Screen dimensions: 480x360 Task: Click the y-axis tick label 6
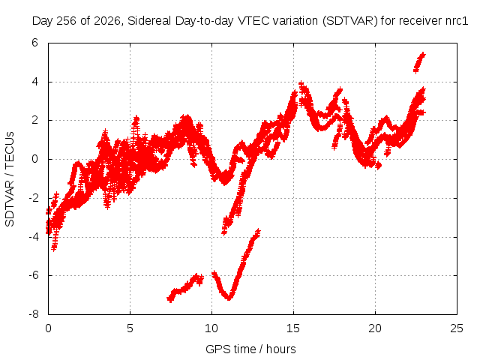[34, 43]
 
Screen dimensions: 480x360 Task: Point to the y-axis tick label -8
[34, 314]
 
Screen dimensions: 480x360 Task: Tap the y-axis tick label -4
[34, 237]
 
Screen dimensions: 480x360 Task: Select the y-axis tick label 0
[34, 159]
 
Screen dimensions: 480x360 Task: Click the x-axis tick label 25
[457, 328]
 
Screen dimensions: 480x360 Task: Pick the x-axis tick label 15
[293, 328]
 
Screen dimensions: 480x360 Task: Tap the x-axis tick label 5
[130, 328]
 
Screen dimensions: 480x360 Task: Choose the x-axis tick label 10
[211, 328]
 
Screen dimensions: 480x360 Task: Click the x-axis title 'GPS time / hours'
[250, 349]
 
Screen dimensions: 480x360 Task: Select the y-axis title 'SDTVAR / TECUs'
[10, 179]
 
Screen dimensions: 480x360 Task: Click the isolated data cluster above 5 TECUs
[419, 62]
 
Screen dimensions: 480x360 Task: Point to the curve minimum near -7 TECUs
[228, 297]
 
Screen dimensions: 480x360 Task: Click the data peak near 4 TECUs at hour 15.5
[301, 84]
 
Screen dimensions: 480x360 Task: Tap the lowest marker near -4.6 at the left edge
[54, 247]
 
